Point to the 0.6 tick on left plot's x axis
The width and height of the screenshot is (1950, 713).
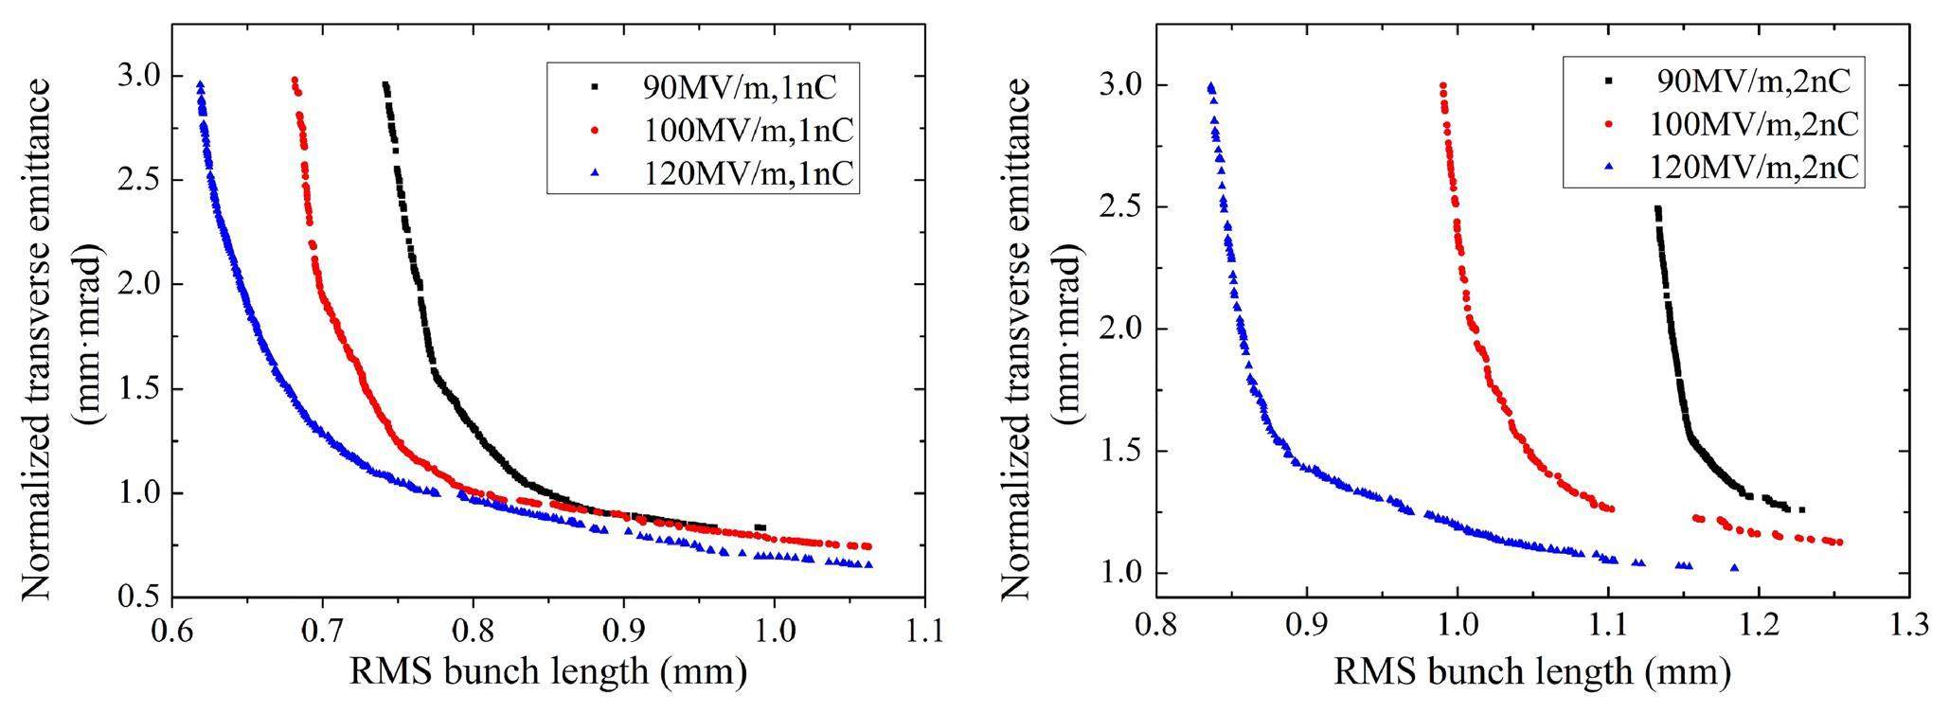point(171,627)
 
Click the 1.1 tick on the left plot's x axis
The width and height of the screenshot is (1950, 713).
point(924,627)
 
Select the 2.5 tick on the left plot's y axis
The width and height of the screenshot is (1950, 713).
point(140,180)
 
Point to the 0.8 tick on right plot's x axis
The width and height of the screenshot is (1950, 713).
point(1155,627)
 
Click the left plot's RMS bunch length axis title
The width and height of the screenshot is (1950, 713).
point(548,672)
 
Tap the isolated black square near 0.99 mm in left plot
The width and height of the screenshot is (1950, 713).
point(760,527)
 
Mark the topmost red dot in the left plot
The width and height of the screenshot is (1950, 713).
point(295,80)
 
